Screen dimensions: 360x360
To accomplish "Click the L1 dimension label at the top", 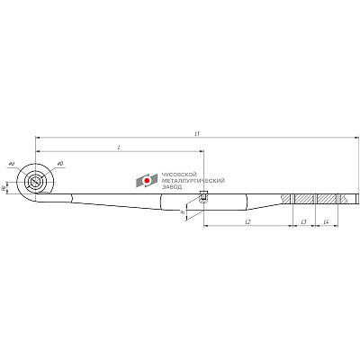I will [x=196, y=133].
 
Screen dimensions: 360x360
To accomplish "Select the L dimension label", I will [x=119, y=147].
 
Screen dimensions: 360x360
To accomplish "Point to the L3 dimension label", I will [x=303, y=220].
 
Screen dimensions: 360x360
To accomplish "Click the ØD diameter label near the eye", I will [x=59, y=164].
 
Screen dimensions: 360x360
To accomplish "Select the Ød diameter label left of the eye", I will [x=11, y=164].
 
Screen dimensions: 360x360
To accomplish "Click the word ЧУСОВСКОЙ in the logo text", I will [x=174, y=175].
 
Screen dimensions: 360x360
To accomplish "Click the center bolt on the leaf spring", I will [x=203, y=198].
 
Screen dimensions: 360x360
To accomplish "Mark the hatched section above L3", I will [x=304, y=198].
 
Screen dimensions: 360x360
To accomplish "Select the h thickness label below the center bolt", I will [x=183, y=212].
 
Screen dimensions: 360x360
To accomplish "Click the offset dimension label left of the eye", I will [x=4, y=187].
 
